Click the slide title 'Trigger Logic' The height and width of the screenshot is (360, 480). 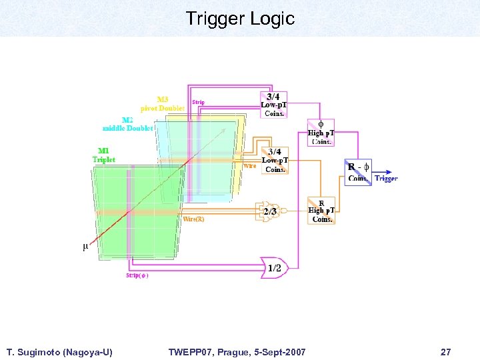(x=240, y=19)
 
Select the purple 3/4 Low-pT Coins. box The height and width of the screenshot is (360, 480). (x=273, y=105)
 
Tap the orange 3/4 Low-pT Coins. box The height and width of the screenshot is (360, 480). (x=274, y=161)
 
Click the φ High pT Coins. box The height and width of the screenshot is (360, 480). (x=321, y=132)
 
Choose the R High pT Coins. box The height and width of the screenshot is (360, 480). (x=321, y=211)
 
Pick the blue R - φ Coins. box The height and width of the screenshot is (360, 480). (x=359, y=172)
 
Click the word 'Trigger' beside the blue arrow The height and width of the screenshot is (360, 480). (x=386, y=178)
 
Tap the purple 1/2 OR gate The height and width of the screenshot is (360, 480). (x=274, y=267)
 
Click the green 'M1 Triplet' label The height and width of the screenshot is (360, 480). (x=103, y=155)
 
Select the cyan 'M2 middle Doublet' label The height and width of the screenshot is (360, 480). (x=127, y=124)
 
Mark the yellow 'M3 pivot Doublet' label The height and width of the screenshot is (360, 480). (x=162, y=103)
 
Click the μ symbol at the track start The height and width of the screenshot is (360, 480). (x=85, y=247)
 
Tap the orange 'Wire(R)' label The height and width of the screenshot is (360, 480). (x=193, y=219)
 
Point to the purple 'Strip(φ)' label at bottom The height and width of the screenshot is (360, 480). (x=137, y=275)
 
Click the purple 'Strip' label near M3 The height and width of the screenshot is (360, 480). (x=199, y=102)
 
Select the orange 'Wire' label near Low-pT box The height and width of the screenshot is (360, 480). (x=249, y=166)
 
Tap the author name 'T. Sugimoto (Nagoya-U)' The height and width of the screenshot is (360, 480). (x=59, y=351)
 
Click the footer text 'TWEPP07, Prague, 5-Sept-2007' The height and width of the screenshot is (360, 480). (x=237, y=351)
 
